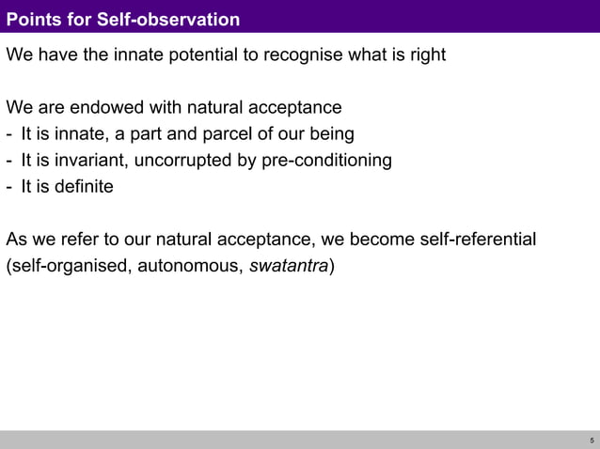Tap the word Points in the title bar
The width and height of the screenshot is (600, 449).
tap(34, 20)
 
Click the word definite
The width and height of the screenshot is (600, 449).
tap(82, 186)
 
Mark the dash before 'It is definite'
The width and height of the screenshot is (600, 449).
tap(9, 187)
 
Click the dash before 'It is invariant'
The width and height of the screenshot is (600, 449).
tap(9, 161)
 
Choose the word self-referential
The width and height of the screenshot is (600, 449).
tap(478, 240)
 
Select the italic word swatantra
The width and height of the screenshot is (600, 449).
tap(289, 266)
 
